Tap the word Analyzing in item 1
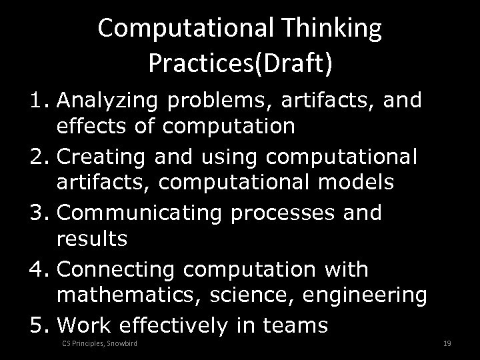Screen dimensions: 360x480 coord(108,101)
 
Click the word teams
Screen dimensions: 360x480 coord(295,325)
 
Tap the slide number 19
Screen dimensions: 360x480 coord(448,344)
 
